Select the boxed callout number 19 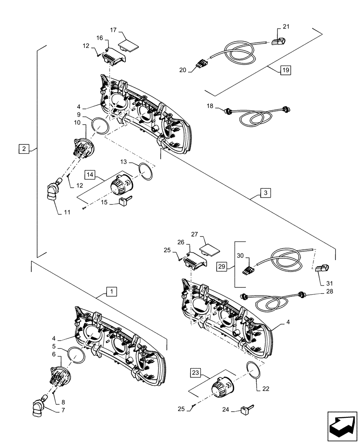click(x=286, y=70)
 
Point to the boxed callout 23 click(x=196, y=373)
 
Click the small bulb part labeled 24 click(x=246, y=410)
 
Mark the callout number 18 click(x=210, y=106)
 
